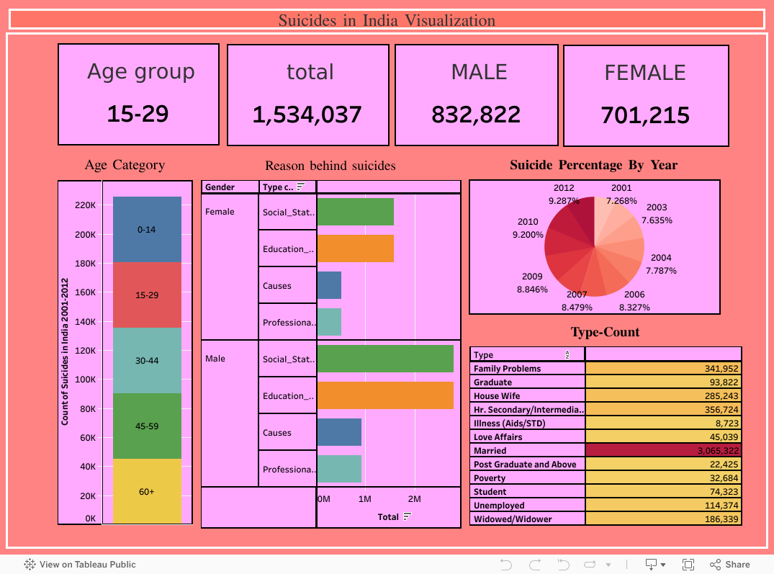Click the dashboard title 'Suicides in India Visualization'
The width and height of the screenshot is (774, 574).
pos(387,20)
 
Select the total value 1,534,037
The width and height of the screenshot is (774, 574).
pos(307,115)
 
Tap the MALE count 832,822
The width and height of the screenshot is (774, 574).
pos(476,115)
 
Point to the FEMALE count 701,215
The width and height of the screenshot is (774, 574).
pos(645,115)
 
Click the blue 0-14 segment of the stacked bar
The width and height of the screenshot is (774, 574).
pos(147,229)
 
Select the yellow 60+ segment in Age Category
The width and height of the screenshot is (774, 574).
pos(147,491)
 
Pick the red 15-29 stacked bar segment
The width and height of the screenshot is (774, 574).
pos(147,295)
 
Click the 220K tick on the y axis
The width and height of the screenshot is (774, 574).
pos(86,205)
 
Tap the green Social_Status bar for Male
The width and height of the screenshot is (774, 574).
pos(385,359)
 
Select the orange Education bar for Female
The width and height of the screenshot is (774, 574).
pos(356,248)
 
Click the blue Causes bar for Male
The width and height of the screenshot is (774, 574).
pos(339,432)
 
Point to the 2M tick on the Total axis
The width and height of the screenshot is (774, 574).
pos(415,499)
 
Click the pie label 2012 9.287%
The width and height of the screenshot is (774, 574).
pos(564,194)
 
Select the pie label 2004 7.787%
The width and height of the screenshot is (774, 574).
pos(661,264)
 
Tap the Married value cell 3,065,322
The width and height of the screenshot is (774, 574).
pos(663,450)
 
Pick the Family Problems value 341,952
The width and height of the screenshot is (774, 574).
pos(663,368)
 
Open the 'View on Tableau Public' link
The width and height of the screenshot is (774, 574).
pos(80,565)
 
